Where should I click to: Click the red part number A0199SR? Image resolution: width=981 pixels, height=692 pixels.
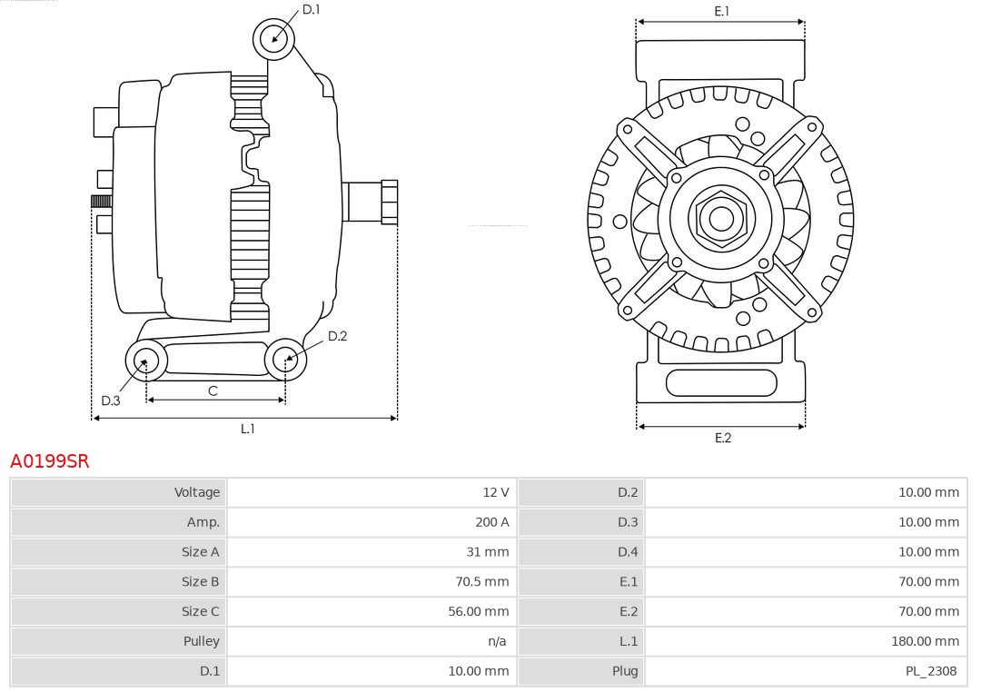click(50, 461)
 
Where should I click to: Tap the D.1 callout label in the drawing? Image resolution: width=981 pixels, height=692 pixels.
click(312, 10)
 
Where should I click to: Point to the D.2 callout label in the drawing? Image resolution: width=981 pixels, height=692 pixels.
click(337, 336)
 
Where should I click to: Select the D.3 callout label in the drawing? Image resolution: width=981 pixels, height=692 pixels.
click(111, 400)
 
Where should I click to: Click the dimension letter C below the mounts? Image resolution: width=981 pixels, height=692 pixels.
click(213, 391)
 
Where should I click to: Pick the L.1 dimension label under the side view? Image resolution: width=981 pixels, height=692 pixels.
click(247, 429)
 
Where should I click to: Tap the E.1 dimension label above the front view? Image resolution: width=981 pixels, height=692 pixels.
click(722, 11)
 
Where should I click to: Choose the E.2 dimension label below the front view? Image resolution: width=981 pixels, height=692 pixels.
click(722, 438)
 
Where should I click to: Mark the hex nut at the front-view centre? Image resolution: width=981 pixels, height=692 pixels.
click(721, 218)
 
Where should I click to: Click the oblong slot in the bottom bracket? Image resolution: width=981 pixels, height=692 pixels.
click(721, 382)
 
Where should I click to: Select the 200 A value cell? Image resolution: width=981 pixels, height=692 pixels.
click(492, 522)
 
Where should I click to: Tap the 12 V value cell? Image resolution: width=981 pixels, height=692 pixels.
click(496, 492)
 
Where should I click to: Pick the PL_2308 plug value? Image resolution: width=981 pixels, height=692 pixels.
click(931, 671)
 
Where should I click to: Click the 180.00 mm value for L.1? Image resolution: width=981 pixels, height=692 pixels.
click(925, 641)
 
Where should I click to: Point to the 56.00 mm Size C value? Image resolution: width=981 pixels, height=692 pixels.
click(478, 611)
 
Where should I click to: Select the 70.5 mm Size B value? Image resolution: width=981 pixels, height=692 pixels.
click(483, 581)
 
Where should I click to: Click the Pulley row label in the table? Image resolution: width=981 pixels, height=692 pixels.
click(202, 641)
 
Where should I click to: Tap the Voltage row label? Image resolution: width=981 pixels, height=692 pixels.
click(197, 492)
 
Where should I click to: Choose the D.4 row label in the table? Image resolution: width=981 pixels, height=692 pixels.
click(628, 552)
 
